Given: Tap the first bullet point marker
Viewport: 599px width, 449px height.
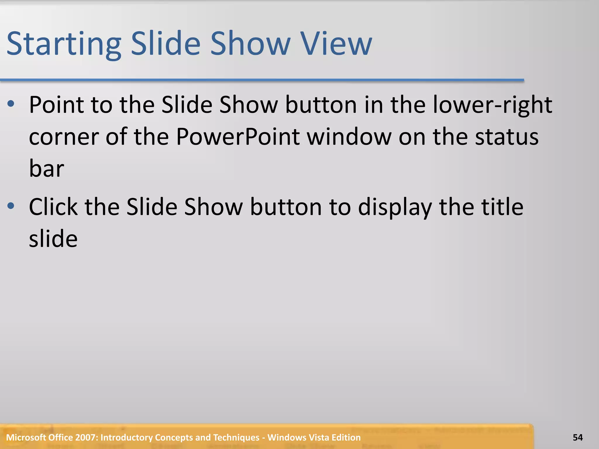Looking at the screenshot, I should coord(11,104).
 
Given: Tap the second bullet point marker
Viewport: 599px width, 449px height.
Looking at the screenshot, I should coord(11,206).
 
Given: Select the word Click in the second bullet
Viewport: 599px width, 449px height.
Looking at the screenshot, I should coord(53,207).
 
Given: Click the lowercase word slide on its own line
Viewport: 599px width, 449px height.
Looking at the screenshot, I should coord(53,239).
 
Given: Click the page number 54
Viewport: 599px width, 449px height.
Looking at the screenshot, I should coord(578,438).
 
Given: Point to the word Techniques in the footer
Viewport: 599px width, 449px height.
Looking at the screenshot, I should coord(236,438).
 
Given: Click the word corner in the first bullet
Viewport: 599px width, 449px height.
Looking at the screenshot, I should coord(64,137).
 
